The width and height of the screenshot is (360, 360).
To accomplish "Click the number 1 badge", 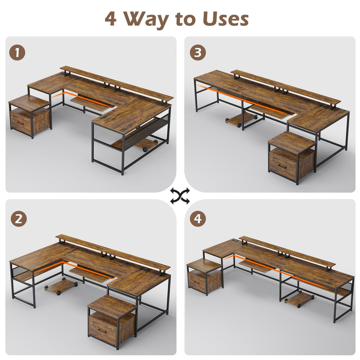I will coord(17,53).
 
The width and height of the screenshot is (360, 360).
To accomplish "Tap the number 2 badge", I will coord(19,219).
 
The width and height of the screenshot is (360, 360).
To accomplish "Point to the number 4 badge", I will coord(198,219).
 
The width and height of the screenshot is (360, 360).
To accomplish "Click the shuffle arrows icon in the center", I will coord(180,196).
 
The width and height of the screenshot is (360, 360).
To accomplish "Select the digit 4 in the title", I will coord(111,19).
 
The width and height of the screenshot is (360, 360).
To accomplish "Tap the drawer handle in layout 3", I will coord(282,166).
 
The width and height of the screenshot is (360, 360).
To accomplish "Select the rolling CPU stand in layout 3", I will coord(240,120).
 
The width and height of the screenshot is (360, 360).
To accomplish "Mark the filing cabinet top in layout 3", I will coord(291,141).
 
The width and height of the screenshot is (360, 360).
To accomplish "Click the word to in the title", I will coord(186,19).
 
